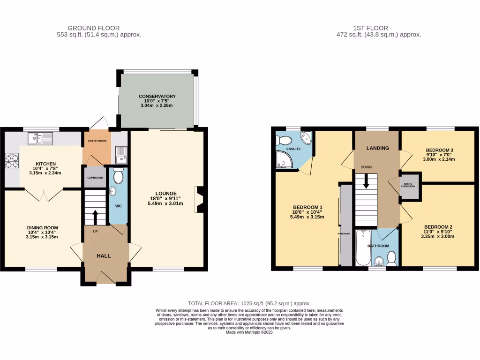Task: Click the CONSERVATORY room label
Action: pyautogui.click(x=157, y=96)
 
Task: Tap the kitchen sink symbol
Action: pyautogui.click(x=40, y=138)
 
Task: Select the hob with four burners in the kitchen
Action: pyautogui.click(x=12, y=161)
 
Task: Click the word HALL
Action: pyautogui.click(x=104, y=256)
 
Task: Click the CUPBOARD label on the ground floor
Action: pyautogui.click(x=95, y=178)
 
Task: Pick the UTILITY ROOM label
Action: pyautogui.click(x=96, y=141)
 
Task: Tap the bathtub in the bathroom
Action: pyautogui.click(x=363, y=248)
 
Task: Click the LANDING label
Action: pyautogui.click(x=378, y=148)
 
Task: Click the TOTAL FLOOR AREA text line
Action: pyautogui.click(x=249, y=303)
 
